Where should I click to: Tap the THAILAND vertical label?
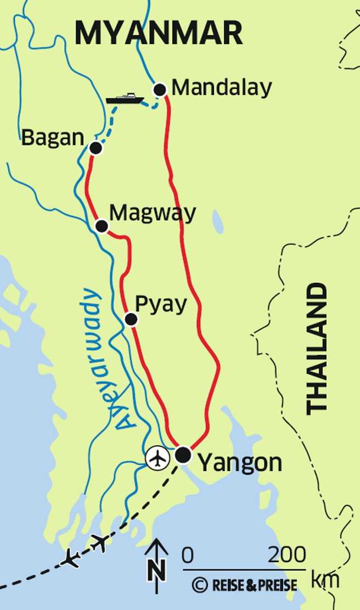pyautogui.click(x=317, y=348)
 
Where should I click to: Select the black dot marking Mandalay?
pyautogui.click(x=160, y=89)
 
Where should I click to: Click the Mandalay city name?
pyautogui.click(x=222, y=88)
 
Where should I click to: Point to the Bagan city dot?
pyautogui.click(x=95, y=148)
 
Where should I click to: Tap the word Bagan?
pyautogui.click(x=53, y=138)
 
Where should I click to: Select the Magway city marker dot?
pyautogui.click(x=102, y=226)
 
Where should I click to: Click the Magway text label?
pyautogui.click(x=153, y=213)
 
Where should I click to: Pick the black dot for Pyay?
pyautogui.click(x=131, y=319)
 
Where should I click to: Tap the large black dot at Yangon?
pyautogui.click(x=183, y=455)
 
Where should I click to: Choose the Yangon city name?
pyautogui.click(x=239, y=463)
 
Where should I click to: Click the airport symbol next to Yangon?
pyautogui.click(x=157, y=458)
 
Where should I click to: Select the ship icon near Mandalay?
pyautogui.click(x=125, y=99)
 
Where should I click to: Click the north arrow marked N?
pyautogui.click(x=157, y=560)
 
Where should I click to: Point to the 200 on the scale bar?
pyautogui.click(x=286, y=556)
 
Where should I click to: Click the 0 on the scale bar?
pyautogui.click(x=188, y=556)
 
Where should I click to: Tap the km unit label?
pyautogui.click(x=325, y=579)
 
